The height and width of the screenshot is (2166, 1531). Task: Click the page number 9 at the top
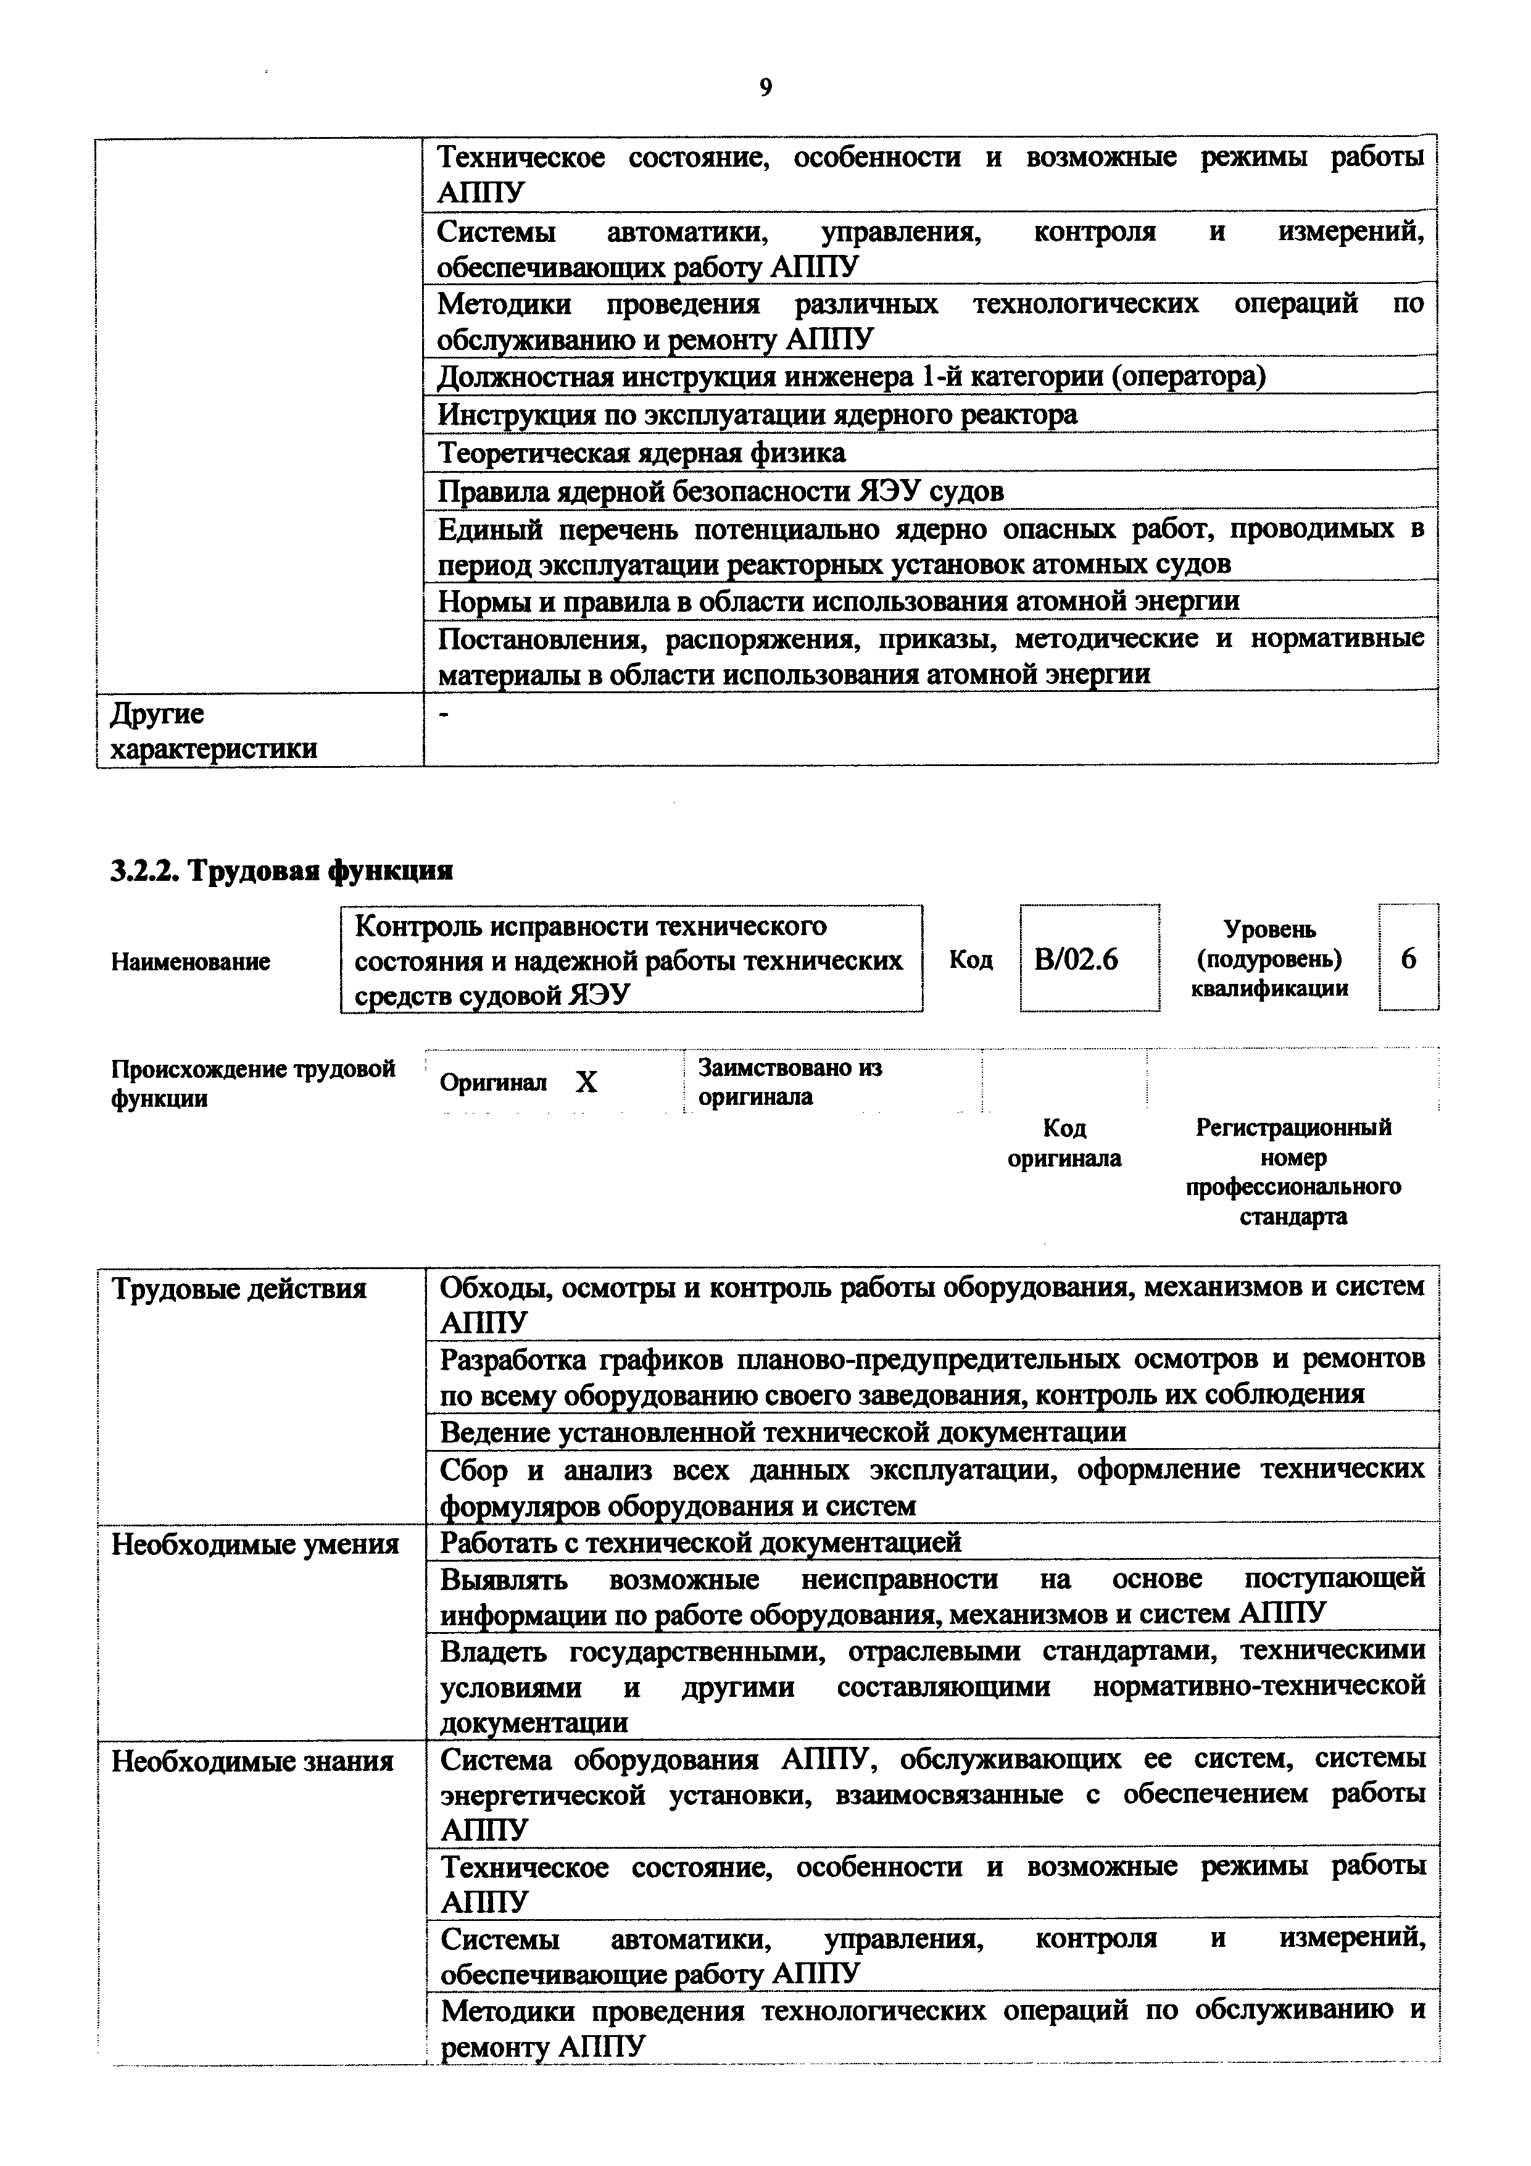click(x=765, y=88)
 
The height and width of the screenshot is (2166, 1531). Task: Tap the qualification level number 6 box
click(x=1408, y=959)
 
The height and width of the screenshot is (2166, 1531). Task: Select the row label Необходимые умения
click(x=255, y=1544)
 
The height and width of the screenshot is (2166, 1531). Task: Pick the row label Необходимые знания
click(x=252, y=1761)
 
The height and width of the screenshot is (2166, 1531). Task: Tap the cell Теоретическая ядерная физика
click(x=641, y=453)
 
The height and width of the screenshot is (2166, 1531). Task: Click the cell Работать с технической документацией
click(x=701, y=1543)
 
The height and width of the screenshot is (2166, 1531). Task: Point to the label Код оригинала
click(x=1064, y=1143)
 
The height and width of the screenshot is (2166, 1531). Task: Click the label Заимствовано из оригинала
click(x=789, y=1082)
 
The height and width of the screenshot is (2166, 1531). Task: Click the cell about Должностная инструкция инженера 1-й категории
click(x=851, y=377)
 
